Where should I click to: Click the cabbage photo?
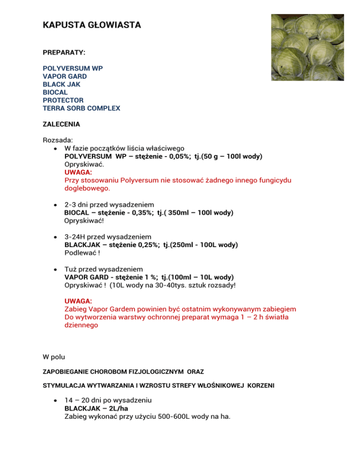[x=307, y=47]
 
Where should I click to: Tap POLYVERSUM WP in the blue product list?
[x=73, y=68]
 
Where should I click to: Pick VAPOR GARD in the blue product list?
[x=65, y=76]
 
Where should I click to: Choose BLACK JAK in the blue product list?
[x=61, y=84]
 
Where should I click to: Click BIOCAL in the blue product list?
[x=56, y=92]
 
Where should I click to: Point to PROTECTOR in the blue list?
[x=63, y=100]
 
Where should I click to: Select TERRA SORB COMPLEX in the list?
[x=81, y=108]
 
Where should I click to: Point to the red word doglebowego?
[x=87, y=188]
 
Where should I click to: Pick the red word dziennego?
[x=81, y=325]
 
